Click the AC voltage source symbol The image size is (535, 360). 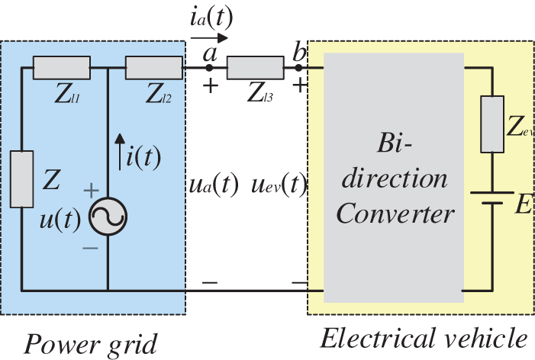pos(108,216)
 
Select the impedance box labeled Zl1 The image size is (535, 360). pos(62,68)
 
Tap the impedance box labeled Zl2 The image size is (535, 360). pos(154,68)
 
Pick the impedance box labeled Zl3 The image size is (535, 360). pos(255,68)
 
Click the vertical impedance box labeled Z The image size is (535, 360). pos(22,179)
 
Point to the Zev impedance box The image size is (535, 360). pos(492,124)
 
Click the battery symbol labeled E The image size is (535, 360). pos(492,198)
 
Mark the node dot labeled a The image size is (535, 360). pos(209,68)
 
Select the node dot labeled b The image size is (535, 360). pos(298,68)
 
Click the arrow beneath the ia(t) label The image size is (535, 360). pos(209,38)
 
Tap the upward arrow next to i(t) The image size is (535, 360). pos(120,152)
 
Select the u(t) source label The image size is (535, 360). pos(60,219)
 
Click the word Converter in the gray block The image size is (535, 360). pos(395,213)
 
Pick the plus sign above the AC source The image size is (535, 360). pos(92,190)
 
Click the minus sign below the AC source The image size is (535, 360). pos(90,248)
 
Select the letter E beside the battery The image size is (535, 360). pos(524,204)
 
